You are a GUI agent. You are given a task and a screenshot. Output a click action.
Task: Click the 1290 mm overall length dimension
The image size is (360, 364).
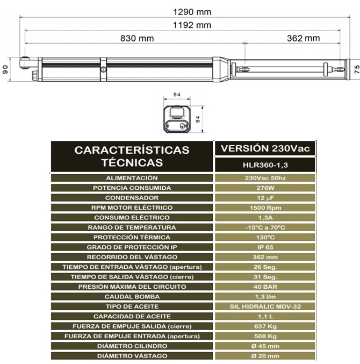[184, 11]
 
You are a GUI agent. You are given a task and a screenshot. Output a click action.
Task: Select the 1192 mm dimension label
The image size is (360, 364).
[184, 25]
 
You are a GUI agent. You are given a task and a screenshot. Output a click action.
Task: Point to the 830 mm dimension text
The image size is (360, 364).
[138, 38]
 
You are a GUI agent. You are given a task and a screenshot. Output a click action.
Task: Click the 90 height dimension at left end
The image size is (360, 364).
[6, 69]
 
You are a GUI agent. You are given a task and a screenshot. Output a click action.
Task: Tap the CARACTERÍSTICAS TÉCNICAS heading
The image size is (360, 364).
[132, 156]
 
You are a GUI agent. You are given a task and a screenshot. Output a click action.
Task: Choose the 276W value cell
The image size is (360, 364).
[265, 188]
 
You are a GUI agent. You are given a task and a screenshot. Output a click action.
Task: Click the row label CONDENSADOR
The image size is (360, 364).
[132, 198]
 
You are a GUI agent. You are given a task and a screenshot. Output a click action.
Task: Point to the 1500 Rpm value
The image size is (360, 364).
[265, 208]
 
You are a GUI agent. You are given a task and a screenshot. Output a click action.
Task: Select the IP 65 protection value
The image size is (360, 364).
[265, 247]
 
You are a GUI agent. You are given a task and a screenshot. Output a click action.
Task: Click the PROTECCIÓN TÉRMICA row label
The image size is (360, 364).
[132, 237]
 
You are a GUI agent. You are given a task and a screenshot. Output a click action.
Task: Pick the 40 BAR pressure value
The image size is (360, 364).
[265, 287]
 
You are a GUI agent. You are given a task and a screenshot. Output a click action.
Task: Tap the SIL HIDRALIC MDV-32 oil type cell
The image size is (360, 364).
[265, 306]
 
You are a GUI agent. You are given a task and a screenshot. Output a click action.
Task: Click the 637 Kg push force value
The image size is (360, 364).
[265, 326]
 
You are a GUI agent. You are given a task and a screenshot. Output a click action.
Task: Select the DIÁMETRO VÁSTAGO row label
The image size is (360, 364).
[132, 356]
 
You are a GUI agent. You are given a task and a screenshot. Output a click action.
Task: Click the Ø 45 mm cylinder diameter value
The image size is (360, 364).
[265, 346]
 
